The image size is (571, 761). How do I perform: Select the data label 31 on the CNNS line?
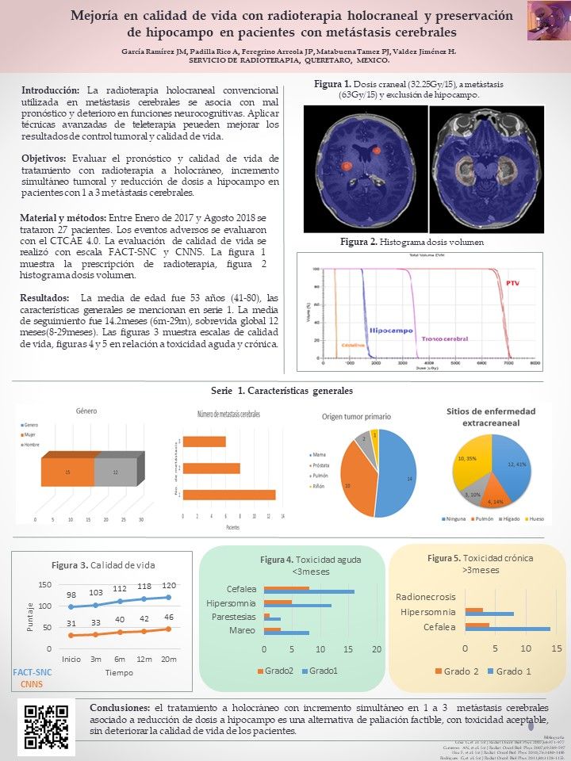pos(71,623)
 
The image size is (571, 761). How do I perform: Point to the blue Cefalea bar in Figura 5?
pos(508,629)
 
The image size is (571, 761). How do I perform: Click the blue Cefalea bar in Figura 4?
pos(309,591)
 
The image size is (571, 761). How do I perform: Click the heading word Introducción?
pos(51,90)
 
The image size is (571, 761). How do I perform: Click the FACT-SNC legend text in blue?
pos(33,672)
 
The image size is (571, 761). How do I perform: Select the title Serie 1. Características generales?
pos(282,391)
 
